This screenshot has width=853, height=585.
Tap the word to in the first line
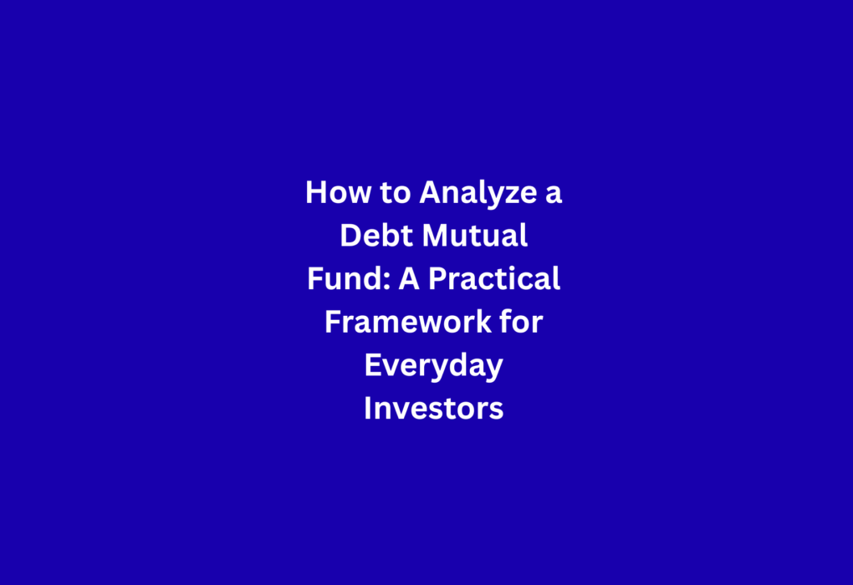tap(396, 193)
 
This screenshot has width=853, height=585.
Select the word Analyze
tap(478, 195)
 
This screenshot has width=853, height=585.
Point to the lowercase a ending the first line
tap(554, 196)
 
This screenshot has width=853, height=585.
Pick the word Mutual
tap(475, 236)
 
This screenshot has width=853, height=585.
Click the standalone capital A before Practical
tap(409, 278)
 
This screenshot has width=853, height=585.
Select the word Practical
tap(494, 278)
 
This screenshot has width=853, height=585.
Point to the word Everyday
tap(433, 366)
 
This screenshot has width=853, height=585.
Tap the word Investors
tap(433, 409)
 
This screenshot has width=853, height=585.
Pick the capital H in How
tap(316, 192)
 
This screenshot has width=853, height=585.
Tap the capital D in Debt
tap(351, 236)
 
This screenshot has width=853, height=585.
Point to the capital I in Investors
tap(368, 409)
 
